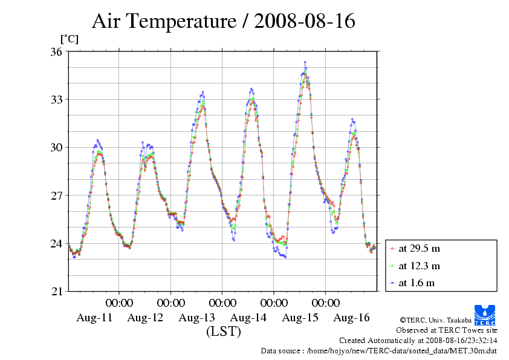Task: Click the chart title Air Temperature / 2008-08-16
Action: tap(223, 22)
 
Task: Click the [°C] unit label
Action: tap(69, 39)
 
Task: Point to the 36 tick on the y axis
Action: tap(56, 51)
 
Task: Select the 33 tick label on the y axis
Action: tap(56, 99)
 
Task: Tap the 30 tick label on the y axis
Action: tap(56, 147)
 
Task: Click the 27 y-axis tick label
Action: tap(56, 195)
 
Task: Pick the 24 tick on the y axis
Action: tap(56, 243)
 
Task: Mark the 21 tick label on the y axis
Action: tap(56, 291)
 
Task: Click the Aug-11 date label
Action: tap(94, 318)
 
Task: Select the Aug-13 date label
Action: tap(197, 318)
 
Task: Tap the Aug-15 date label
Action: tap(300, 318)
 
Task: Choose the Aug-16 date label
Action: tap(351, 318)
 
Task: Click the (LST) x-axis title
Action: tap(223, 332)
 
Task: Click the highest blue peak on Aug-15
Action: tap(305, 62)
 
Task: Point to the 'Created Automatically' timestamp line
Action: tap(418, 341)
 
